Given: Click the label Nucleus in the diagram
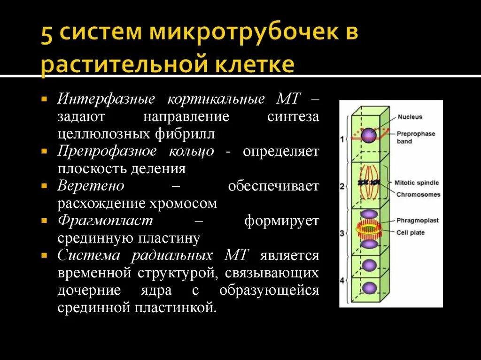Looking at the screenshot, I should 410,117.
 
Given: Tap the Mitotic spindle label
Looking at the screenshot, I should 417,183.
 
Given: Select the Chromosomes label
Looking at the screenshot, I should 418,194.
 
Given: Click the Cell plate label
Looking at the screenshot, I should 410,232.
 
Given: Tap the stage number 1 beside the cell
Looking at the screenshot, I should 342,139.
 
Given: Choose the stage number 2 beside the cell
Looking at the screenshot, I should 342,186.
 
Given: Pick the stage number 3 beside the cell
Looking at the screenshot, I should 342,232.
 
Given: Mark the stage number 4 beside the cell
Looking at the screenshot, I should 342,281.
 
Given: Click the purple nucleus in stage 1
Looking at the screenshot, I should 369,135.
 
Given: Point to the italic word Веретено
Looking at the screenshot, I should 91,186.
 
